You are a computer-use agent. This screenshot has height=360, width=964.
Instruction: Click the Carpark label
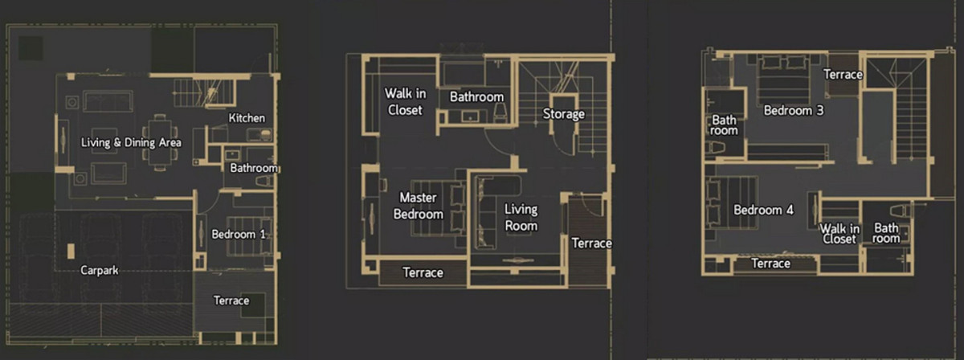coord(100,271)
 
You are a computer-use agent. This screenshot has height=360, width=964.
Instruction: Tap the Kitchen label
coord(247,118)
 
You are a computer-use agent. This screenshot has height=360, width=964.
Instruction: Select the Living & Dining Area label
coord(131,142)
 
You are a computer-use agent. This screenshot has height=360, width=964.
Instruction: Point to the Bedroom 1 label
coord(239,235)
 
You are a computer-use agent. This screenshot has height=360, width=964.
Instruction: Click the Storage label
coord(564,113)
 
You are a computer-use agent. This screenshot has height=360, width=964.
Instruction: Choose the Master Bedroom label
coord(419,206)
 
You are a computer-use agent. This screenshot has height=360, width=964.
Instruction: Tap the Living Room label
coord(521,218)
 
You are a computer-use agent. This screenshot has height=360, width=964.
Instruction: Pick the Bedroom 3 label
coord(794,110)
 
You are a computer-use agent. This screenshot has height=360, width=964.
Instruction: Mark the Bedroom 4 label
coord(763,211)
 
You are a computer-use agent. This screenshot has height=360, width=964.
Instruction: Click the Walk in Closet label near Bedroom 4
coord(839,234)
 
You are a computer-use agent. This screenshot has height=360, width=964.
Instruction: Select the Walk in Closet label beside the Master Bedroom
coord(405,101)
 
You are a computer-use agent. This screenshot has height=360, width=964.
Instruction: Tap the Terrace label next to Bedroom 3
coord(843,75)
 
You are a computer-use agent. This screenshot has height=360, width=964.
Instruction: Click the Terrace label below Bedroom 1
coord(231,301)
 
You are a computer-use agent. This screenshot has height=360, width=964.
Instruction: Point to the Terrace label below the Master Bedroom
coord(423,272)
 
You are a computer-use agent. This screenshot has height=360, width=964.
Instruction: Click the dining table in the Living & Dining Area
coord(160,142)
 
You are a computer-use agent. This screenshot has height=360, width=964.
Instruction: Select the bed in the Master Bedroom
coord(438,208)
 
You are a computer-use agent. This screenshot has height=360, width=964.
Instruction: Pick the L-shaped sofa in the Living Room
coord(495,212)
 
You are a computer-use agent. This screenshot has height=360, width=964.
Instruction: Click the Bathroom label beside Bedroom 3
coord(724,125)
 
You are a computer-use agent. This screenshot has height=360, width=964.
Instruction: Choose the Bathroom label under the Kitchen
coord(254,168)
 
